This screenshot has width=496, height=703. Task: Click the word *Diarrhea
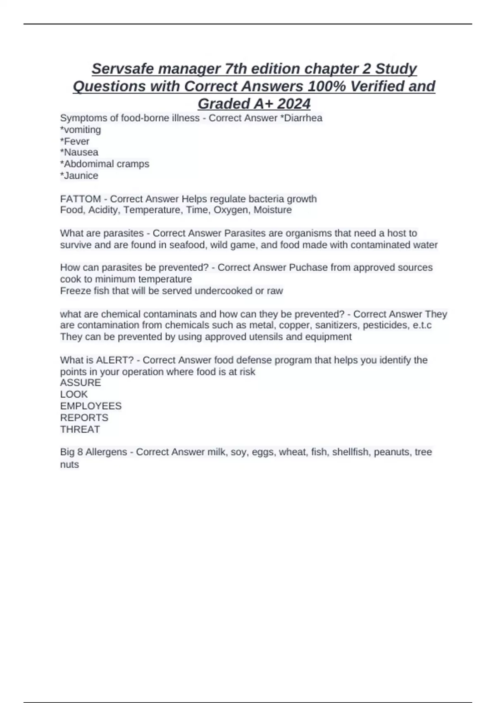301,118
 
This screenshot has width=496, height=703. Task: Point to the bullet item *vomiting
81,129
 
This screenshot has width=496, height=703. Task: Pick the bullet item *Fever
75,141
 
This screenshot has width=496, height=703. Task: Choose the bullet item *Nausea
79,152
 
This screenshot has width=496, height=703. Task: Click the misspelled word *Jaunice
79,175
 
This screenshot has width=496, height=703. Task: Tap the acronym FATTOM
81,199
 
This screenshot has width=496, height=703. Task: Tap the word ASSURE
81,383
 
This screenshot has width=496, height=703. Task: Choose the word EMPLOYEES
91,406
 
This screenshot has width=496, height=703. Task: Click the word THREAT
80,429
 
